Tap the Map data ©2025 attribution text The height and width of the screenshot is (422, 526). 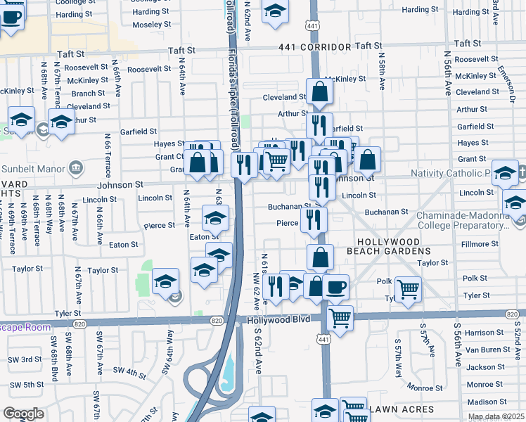point(496,416)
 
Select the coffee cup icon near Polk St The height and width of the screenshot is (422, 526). point(336,286)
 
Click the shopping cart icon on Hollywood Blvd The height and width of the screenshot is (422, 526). point(340,317)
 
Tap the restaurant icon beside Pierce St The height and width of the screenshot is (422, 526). point(314,219)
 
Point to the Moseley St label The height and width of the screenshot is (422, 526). point(147,25)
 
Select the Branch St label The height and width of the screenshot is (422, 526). point(88,94)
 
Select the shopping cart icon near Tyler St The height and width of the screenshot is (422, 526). point(408,288)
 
